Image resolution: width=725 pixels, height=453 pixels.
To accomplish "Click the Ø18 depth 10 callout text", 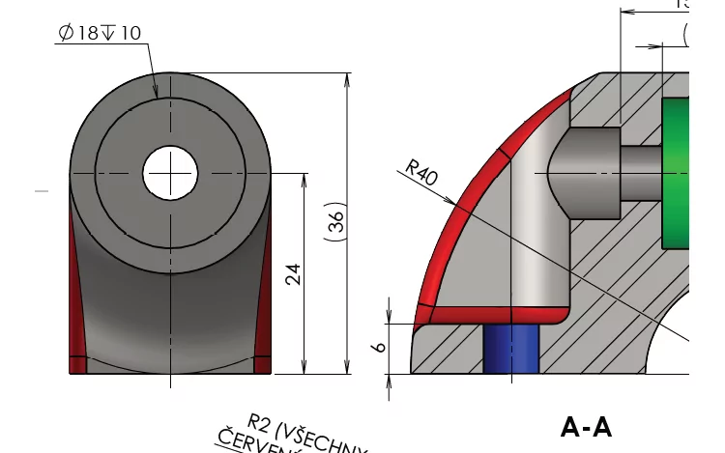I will pyautogui.click(x=100, y=33).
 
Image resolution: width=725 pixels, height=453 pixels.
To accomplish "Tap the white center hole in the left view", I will pyautogui.click(x=170, y=174).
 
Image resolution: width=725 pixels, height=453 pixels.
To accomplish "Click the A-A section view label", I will pyautogui.click(x=586, y=426).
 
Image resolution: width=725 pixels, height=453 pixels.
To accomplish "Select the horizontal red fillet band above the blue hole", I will pyautogui.click(x=493, y=316).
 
